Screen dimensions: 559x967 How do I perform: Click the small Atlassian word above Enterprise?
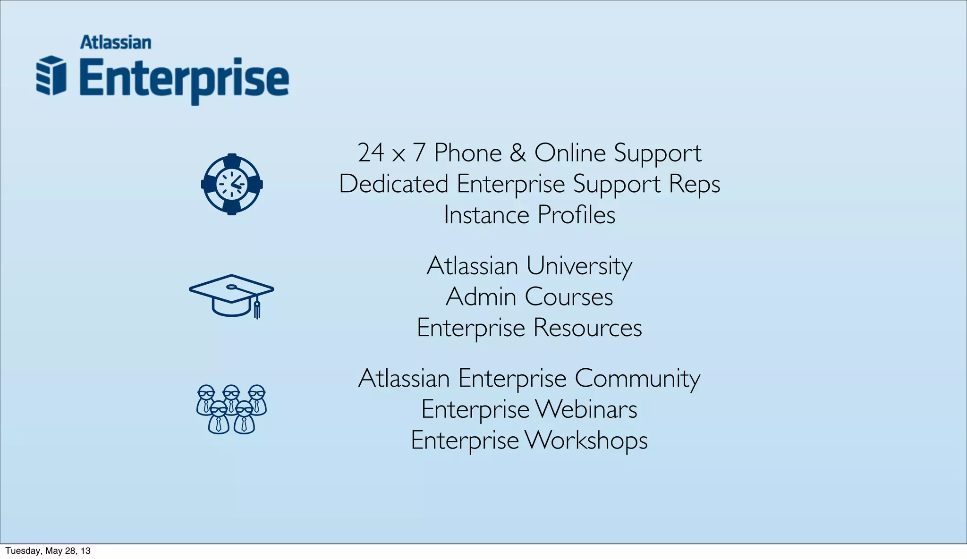pos(116,42)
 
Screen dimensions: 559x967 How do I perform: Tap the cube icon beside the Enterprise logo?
pos(51,76)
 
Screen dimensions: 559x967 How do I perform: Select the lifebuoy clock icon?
pos(232,184)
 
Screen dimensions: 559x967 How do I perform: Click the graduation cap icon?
pos(231,295)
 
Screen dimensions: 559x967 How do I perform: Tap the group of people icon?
pos(231,409)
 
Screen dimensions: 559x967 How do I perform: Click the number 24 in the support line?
pos(371,152)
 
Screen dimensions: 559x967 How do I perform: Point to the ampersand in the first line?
pos(517,152)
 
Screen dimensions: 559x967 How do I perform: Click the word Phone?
pos(467,152)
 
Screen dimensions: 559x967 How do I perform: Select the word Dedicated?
pos(393,184)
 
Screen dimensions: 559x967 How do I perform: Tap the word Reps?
pos(695,184)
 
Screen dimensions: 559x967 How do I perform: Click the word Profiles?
pos(576,215)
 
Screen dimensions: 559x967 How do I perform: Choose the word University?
pos(579,266)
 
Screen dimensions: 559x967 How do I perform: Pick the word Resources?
pos(587,328)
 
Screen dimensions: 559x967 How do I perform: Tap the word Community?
pos(637,379)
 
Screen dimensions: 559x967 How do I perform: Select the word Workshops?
pos(586,440)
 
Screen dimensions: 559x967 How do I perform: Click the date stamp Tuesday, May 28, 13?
pos(48,551)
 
